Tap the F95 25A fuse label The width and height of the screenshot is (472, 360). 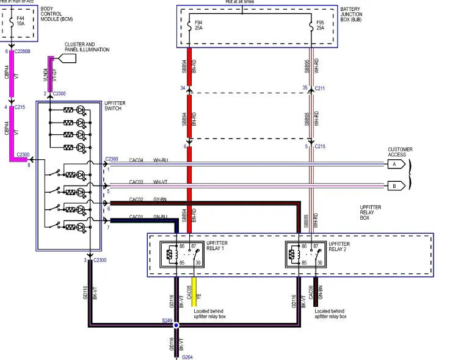(320, 26)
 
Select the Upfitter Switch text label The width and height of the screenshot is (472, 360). (115, 107)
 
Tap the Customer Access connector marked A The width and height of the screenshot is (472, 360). (395, 165)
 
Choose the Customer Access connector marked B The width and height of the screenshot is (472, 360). (395, 185)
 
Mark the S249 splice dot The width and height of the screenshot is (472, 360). (176, 326)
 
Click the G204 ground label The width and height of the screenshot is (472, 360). (188, 357)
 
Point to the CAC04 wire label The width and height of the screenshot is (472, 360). (136, 161)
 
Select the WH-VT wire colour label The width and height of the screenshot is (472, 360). (161, 182)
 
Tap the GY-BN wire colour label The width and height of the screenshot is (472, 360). (161, 199)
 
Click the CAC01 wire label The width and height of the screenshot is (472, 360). (136, 217)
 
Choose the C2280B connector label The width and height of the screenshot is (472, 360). (23, 52)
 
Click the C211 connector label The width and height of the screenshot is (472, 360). (320, 88)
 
